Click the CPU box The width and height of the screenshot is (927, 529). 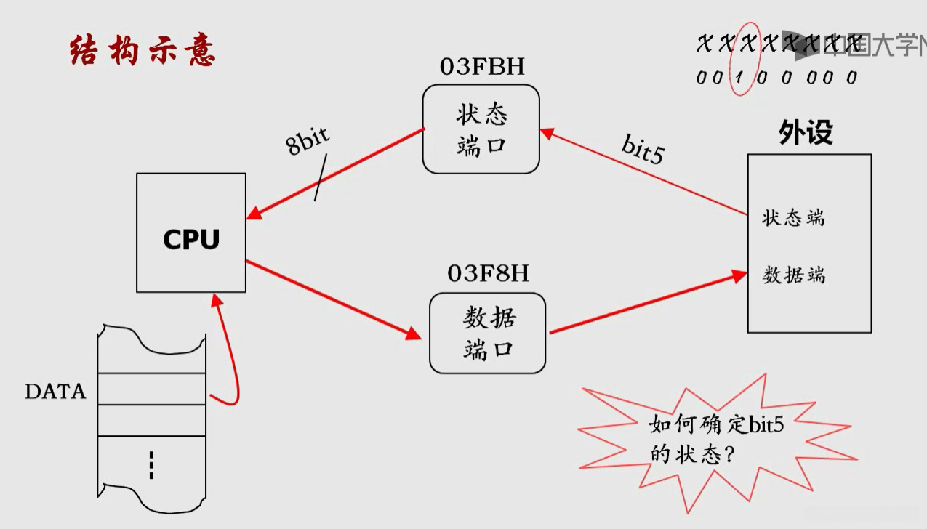191,233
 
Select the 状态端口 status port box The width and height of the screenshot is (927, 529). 481,129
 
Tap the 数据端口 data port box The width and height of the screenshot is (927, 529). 487,333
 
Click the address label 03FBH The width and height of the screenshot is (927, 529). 482,66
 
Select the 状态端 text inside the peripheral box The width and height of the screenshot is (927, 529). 793,217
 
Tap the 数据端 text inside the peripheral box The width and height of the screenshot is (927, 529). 793,275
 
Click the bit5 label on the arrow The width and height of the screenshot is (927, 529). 643,148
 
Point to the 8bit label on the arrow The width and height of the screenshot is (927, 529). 308,140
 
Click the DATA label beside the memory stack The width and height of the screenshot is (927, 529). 55,392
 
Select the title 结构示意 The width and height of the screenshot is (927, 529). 143,52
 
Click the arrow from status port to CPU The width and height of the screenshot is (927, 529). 334,174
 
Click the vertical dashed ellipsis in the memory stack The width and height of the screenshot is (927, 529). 151,465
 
